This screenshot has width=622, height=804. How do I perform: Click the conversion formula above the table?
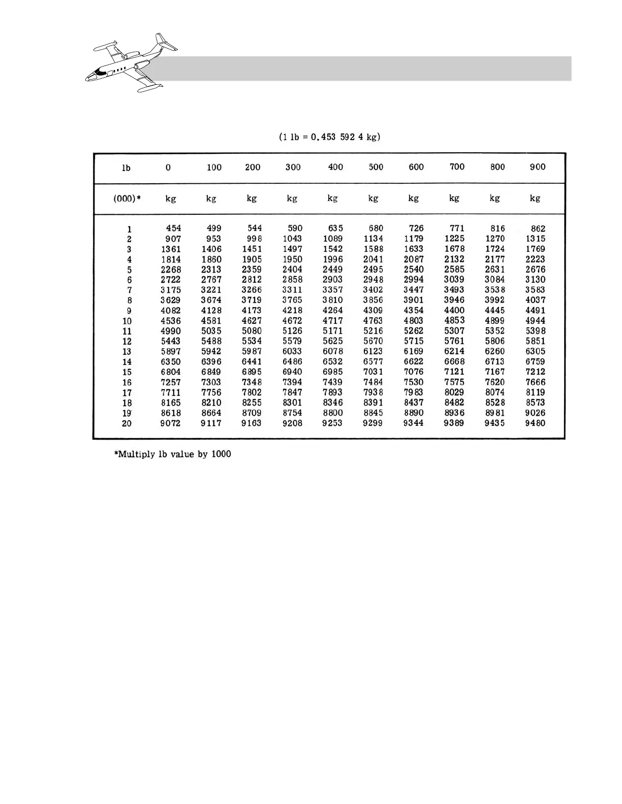(330, 137)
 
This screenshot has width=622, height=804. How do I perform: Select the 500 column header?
(376, 167)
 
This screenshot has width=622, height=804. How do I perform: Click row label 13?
(127, 351)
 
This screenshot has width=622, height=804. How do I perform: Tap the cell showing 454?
(173, 228)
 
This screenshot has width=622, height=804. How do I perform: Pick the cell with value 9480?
(535, 423)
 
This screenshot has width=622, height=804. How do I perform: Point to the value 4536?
(171, 321)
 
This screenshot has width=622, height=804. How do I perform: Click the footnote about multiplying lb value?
(173, 454)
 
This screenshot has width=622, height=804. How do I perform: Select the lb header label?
(126, 167)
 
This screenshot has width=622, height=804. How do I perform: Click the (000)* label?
(127, 198)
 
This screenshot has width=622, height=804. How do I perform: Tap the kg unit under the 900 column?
(535, 198)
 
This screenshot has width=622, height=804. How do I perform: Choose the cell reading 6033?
(292, 351)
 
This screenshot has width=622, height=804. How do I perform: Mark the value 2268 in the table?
(171, 270)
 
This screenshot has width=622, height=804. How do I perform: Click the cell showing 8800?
(333, 413)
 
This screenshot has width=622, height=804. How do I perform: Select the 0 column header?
(168, 167)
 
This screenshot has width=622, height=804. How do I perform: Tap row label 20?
(127, 423)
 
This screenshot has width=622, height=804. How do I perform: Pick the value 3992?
(494, 300)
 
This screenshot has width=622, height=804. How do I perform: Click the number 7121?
(454, 372)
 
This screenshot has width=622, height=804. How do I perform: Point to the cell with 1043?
(292, 239)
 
